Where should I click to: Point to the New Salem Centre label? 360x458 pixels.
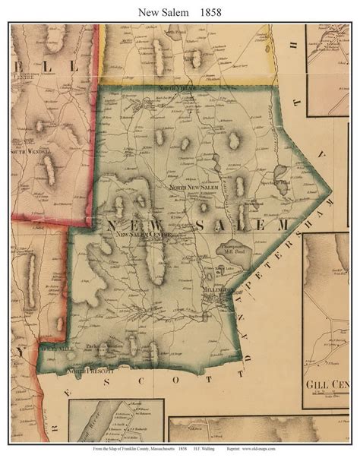coord(146,235)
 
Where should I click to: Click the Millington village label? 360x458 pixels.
coord(218,291)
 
